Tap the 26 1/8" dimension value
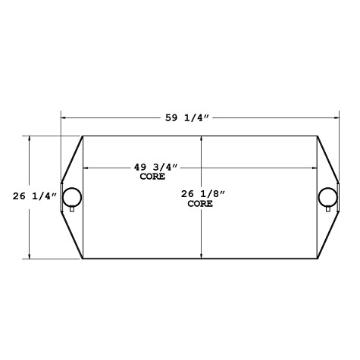point(204,194)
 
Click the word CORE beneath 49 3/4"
point(152,177)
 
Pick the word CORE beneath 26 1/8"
point(200,204)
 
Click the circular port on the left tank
point(72,196)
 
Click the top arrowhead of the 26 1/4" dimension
point(30,139)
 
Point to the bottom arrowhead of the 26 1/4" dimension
point(30,256)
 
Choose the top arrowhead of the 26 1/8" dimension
point(201,139)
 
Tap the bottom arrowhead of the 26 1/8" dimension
point(201,256)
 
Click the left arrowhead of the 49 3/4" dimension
point(85,167)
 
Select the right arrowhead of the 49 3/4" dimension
point(314,167)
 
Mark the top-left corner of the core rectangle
point(83,136)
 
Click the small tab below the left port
point(72,210)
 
